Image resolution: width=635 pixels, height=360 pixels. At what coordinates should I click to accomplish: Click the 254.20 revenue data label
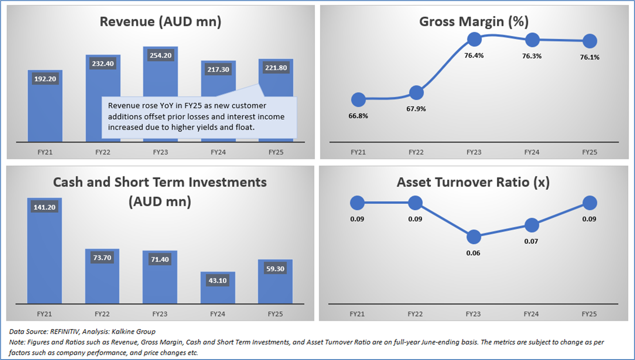(x=160, y=55)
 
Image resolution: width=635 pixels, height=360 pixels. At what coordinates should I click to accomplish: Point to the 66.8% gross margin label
(x=358, y=116)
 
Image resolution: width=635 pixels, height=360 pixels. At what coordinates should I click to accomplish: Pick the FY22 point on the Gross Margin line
(x=416, y=93)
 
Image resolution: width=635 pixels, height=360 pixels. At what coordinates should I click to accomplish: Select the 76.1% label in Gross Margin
(x=590, y=57)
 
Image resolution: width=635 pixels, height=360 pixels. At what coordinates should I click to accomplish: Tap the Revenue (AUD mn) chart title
(x=160, y=22)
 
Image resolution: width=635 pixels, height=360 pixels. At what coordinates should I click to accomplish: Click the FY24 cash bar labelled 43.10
(x=218, y=288)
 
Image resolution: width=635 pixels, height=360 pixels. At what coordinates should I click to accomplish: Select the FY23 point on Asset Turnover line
(x=474, y=237)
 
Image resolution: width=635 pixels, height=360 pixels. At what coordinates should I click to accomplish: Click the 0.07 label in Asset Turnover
(x=532, y=241)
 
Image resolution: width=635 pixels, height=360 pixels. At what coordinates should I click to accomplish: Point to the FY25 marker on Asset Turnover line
(x=590, y=203)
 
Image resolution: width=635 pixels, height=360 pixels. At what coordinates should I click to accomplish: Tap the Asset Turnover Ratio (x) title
(x=473, y=182)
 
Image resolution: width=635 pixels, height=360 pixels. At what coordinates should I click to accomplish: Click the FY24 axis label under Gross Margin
(x=532, y=152)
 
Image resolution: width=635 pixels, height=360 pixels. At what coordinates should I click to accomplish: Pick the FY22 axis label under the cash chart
(x=103, y=314)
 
